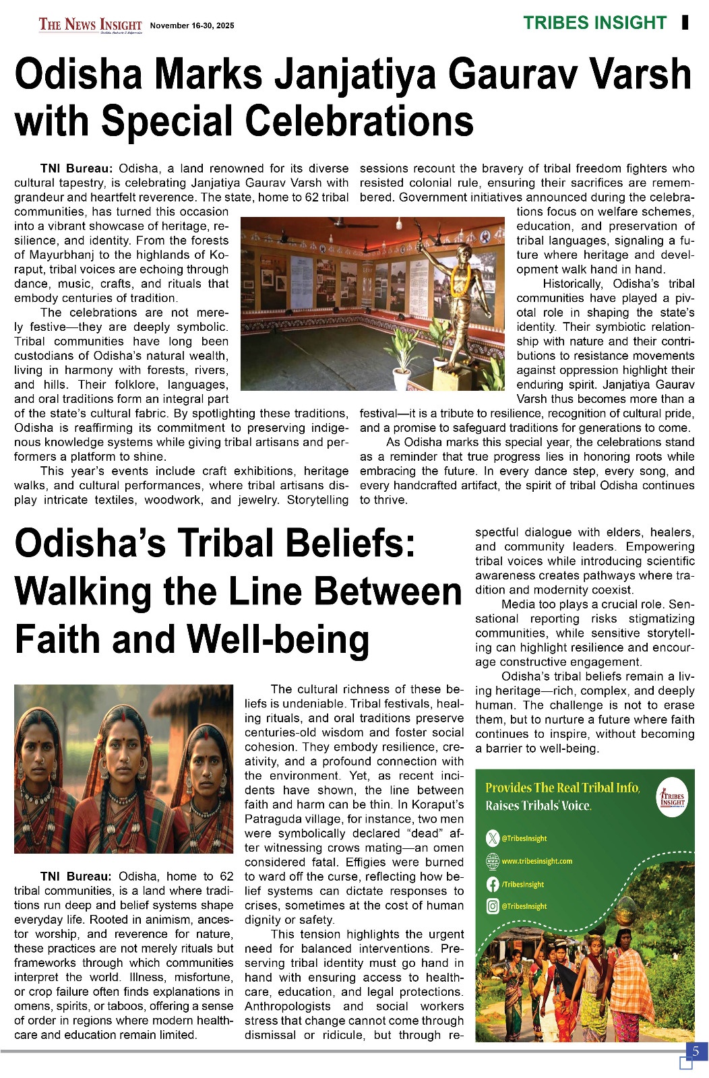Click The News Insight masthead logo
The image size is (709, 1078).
tap(90, 25)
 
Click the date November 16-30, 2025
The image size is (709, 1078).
tap(192, 26)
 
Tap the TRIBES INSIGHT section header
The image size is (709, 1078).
tap(594, 23)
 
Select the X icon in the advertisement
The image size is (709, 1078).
tap(492, 838)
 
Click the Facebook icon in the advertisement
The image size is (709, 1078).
tap(492, 884)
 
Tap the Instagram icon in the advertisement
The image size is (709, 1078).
tap(492, 906)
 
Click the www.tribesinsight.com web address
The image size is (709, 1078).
tap(536, 861)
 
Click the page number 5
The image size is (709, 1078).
tap(696, 1051)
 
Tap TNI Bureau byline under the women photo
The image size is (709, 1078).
tap(75, 877)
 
